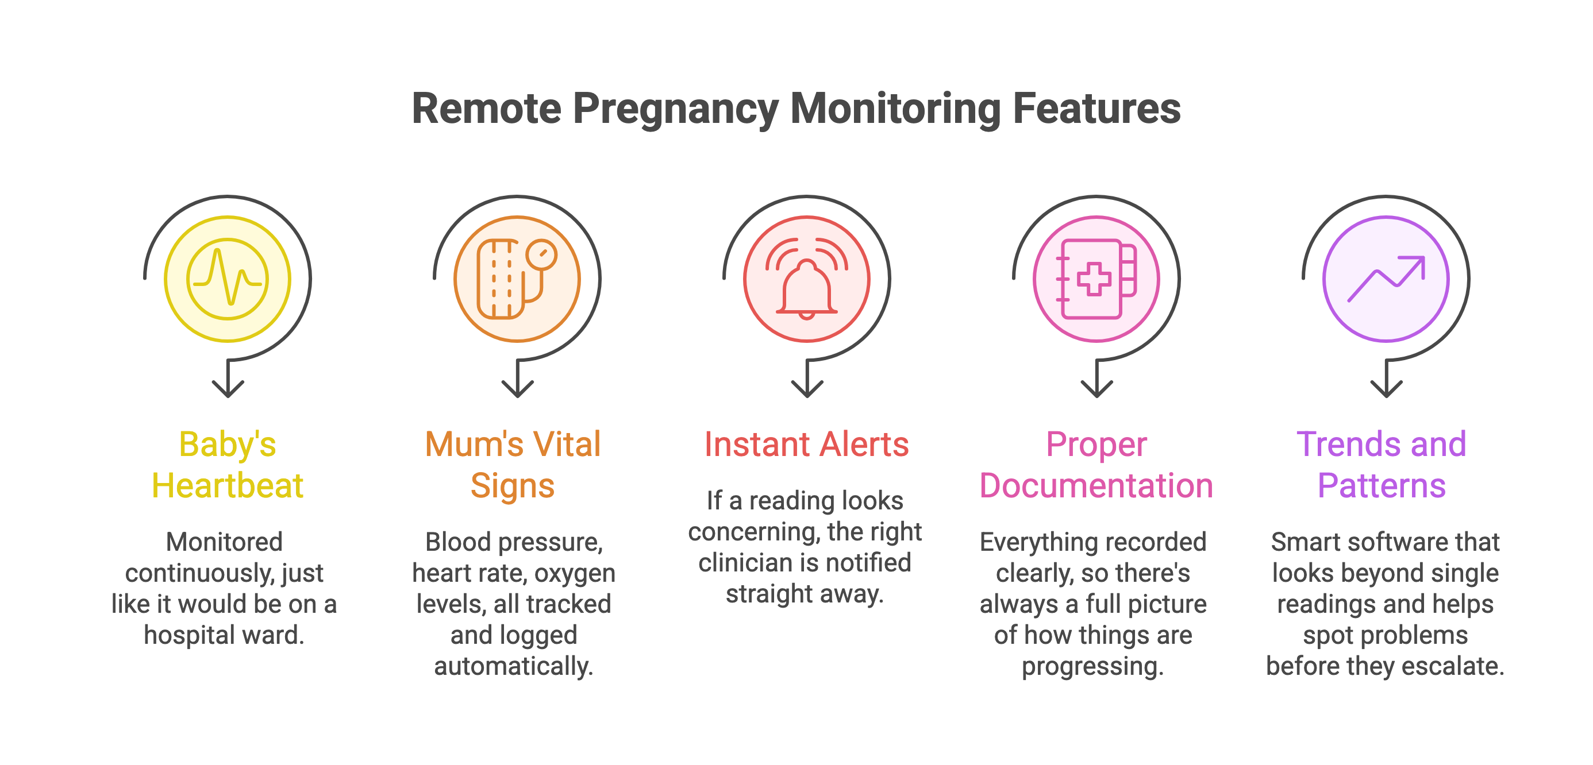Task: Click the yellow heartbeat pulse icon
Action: click(228, 279)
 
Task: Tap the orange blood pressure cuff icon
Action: click(517, 279)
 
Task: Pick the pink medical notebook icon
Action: click(1096, 279)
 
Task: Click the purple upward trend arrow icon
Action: click(1386, 279)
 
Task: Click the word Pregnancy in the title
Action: click(675, 109)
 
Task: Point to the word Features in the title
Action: click(1096, 109)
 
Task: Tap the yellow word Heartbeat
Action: click(228, 486)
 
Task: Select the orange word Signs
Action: click(513, 486)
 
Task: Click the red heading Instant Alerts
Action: click(806, 445)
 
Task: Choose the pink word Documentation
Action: click(1096, 486)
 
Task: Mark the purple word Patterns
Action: click(1382, 486)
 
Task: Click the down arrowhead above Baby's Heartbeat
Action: click(228, 389)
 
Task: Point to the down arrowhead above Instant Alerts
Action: click(806, 389)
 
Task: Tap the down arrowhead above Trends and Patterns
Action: click(1386, 389)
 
